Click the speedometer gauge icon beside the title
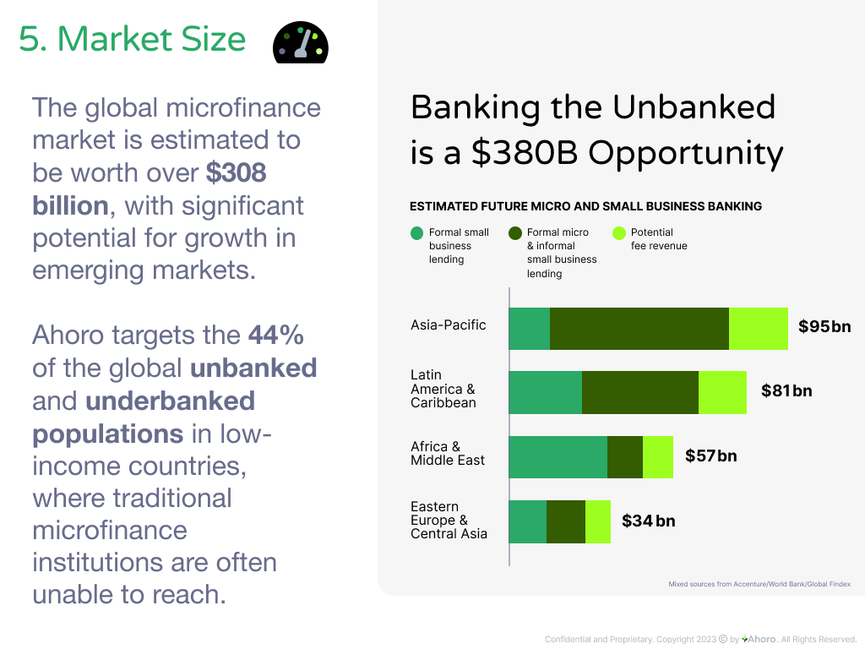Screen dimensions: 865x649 pos(301,42)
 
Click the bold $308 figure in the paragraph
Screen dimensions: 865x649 pos(237,172)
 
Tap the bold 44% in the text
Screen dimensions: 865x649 pos(276,335)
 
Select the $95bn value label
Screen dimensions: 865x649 pos(824,326)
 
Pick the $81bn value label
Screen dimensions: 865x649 pos(786,390)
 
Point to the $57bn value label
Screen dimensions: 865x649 pos(710,455)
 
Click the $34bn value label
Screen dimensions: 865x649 pos(648,521)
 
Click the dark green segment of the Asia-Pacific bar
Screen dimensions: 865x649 pos(639,329)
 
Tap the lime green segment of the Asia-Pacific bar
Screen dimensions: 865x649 pos(759,329)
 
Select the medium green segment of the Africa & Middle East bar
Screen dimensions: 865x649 pos(558,457)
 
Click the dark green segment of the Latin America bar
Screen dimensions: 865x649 pos(640,392)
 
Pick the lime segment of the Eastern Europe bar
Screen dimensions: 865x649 pos(598,521)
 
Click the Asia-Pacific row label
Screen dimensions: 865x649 pos(448,325)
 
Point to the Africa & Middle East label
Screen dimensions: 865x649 pos(448,453)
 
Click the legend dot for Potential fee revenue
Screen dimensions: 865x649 pos(619,233)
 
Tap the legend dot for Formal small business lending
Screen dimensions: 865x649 pos(417,233)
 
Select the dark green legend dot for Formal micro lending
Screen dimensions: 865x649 pos(515,233)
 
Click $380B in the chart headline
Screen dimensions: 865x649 pos(525,153)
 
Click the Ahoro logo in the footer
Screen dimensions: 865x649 pos(759,639)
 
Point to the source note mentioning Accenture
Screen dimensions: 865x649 pos(759,584)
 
